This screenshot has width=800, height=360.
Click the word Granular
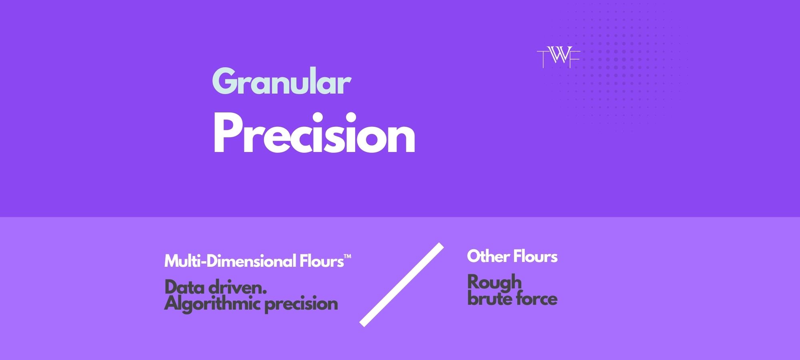pos(281,82)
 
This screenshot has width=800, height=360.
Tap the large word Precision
pos(314,134)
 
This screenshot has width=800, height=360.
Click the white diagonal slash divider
pos(402,285)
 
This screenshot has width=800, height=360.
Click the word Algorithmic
pos(212,304)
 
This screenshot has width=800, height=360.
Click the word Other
pos(488,256)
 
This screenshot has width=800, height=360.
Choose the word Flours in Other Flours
pos(535,256)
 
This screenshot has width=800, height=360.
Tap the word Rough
pos(494,282)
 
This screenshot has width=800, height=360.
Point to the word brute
pos(488,299)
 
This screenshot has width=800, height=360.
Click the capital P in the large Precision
pos(226,133)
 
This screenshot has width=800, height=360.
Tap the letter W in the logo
pos(559,56)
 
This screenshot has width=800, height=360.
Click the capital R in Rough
pos(474,282)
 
